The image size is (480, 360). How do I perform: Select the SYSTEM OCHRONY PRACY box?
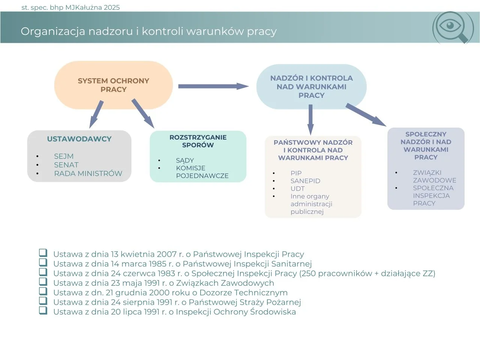[113, 85]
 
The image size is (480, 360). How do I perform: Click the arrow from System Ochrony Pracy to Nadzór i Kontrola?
[213, 86]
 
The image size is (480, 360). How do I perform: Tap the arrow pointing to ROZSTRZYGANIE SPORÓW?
[143, 113]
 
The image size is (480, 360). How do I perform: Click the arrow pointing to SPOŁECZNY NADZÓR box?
[366, 114]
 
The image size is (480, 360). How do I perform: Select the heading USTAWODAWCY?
[79, 139]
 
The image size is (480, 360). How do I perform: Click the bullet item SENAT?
[66, 165]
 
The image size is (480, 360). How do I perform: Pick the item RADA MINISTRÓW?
[88, 173]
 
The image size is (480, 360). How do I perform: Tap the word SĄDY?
[185, 160]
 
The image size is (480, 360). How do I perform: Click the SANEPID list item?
[305, 181]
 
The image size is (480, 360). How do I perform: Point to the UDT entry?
[297, 189]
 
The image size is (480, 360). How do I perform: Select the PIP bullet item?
[296, 173]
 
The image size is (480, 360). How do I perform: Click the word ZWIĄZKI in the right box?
[427, 172]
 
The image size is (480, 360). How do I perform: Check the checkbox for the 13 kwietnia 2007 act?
[43, 253]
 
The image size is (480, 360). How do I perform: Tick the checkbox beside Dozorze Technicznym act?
[43, 291]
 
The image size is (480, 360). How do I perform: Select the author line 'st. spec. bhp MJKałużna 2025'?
[70, 7]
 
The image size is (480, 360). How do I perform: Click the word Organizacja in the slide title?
[53, 31]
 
